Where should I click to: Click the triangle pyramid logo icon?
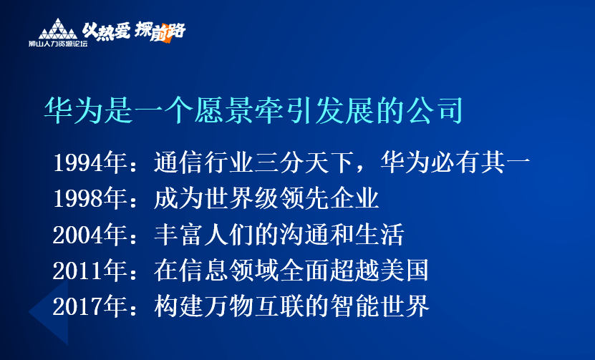[58, 29]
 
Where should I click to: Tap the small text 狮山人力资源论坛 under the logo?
[58, 44]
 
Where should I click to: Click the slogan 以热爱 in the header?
[106, 31]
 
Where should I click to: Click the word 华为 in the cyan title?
[74, 110]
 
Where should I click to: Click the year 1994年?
[90, 162]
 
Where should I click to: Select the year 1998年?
[90, 198]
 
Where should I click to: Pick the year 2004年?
[90, 235]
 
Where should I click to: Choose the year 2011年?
[90, 271]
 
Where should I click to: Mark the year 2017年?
[90, 306]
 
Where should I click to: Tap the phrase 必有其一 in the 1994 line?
[480, 162]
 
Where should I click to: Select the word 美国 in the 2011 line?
[404, 271]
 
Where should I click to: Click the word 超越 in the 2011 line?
[354, 271]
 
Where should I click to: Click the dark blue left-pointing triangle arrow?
[49, 312]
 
